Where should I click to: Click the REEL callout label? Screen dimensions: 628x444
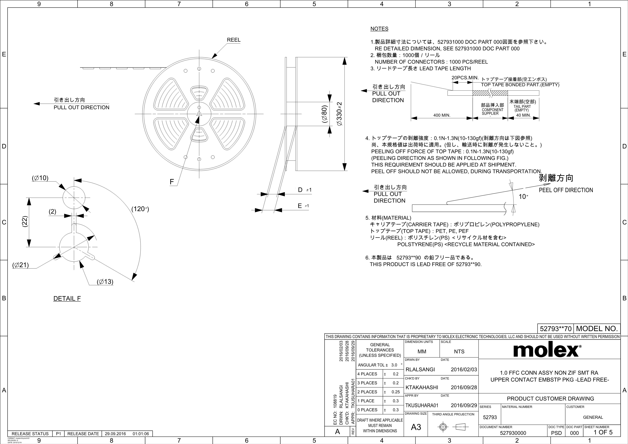(234, 40)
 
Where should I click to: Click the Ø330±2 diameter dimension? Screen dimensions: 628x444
(339, 114)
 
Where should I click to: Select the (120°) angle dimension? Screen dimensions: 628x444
(140, 209)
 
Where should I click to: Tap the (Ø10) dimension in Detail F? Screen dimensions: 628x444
(40, 178)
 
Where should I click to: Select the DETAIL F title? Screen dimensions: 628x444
(67, 299)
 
